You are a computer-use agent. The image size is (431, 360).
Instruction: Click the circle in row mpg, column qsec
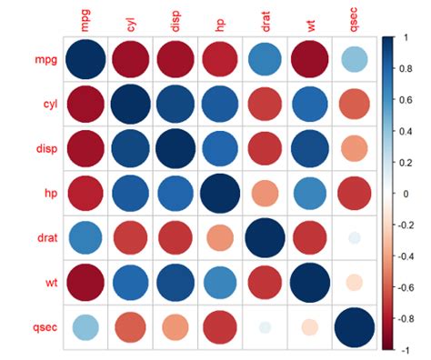(x=354, y=60)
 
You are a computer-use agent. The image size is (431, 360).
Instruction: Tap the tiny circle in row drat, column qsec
(x=354, y=238)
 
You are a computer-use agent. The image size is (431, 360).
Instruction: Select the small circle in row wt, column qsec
(x=354, y=282)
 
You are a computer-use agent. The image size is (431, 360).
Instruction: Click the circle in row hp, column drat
(x=265, y=194)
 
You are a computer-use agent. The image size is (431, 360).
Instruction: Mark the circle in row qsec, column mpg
(x=85, y=326)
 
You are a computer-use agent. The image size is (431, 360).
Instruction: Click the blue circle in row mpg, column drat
(x=265, y=60)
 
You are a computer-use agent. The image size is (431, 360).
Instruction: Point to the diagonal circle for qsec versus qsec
(x=354, y=326)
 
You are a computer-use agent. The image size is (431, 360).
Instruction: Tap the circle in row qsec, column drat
(x=265, y=326)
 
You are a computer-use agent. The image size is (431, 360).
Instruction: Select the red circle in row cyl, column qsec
(x=354, y=105)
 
